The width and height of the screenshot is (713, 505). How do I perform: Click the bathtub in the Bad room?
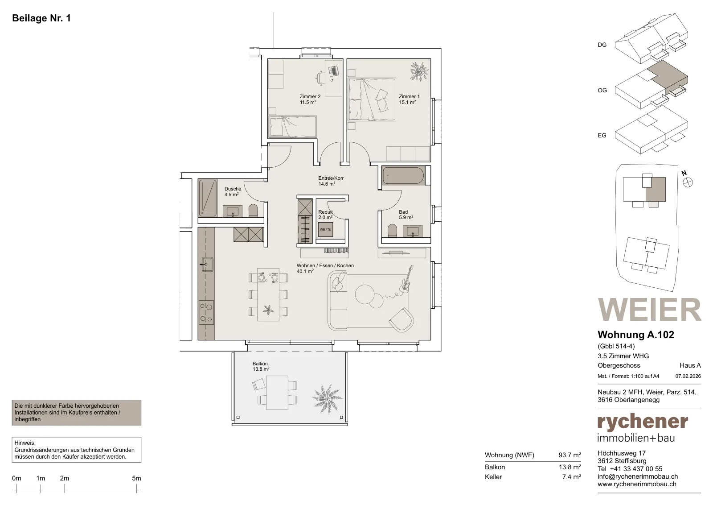[403, 176]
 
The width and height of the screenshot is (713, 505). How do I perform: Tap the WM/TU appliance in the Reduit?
[325, 229]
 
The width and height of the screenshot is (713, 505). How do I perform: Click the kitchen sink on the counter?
[207, 265]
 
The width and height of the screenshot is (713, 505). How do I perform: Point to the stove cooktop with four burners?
[206, 313]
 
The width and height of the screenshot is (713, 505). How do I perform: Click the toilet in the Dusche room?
[253, 210]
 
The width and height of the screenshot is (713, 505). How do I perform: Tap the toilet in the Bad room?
[392, 231]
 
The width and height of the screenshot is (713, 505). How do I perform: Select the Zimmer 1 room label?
[409, 96]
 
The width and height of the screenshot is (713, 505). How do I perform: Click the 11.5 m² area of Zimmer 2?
[308, 102]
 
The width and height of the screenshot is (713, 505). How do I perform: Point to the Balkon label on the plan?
[260, 364]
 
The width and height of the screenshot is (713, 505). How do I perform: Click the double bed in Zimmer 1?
[372, 99]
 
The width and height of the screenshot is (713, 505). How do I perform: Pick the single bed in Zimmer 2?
[293, 127]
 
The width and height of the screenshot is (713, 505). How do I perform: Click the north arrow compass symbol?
[688, 182]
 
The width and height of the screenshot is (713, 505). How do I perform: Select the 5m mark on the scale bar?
[136, 478]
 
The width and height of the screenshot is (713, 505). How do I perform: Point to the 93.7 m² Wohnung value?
[570, 455]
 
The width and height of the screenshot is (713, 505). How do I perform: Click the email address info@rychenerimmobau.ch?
[638, 476]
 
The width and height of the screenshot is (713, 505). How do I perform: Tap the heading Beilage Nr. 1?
[41, 18]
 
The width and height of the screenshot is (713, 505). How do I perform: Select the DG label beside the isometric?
[602, 45]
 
